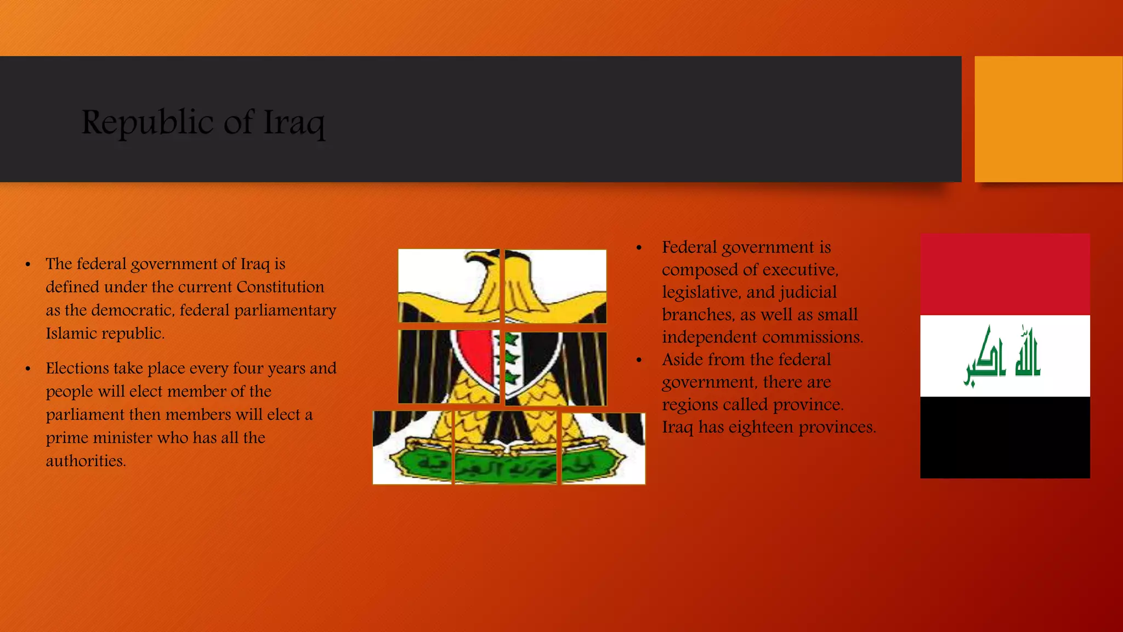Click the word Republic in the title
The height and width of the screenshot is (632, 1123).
click(x=147, y=122)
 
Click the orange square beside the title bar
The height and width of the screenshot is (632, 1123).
click(x=1048, y=119)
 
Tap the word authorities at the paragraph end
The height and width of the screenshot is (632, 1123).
click(x=86, y=461)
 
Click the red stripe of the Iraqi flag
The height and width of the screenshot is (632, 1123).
click(x=1005, y=274)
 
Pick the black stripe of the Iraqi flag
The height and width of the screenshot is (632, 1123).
click(x=1005, y=437)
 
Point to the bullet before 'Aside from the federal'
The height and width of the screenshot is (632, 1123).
click(x=639, y=360)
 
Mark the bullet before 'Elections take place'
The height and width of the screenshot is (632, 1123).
click(x=27, y=369)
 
